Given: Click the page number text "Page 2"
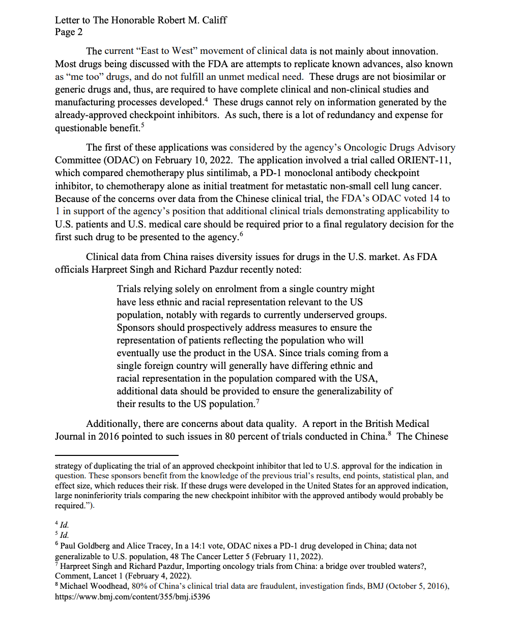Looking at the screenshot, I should pyautogui.click(x=69, y=32).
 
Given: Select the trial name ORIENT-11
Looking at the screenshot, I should pyautogui.click(x=424, y=160).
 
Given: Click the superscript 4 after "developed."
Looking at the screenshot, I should pyautogui.click(x=206, y=99).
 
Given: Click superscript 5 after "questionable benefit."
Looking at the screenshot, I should pyautogui.click(x=142, y=125).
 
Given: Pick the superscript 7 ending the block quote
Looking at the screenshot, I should pyautogui.click(x=257, y=401).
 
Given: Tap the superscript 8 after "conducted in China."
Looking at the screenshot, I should pyautogui.click(x=389, y=434).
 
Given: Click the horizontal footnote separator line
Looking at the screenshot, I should pyautogui.click(x=117, y=455).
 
